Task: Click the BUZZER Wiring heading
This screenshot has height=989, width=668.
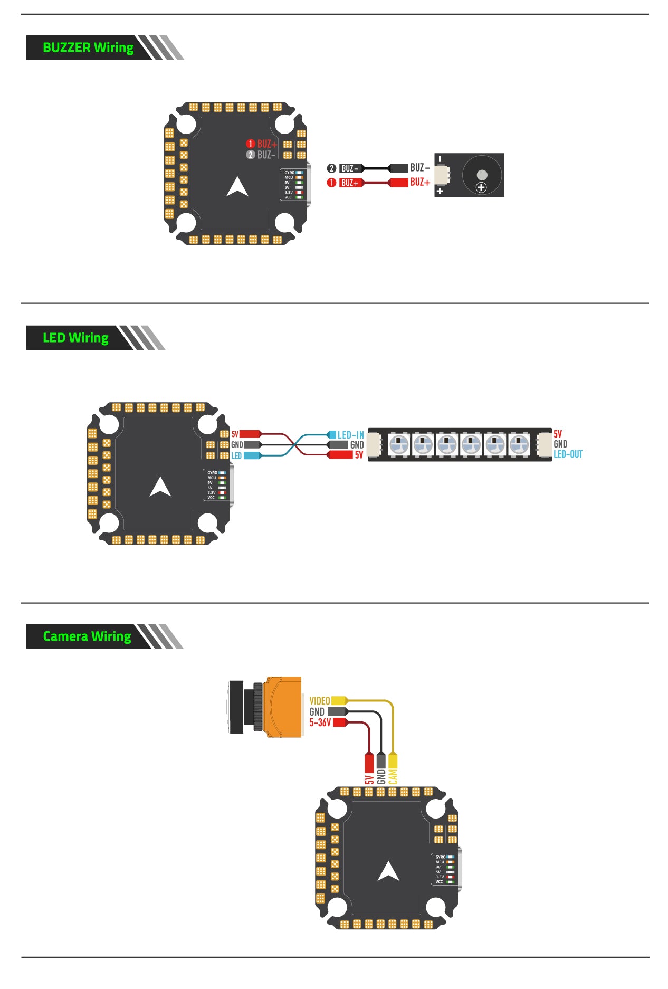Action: (88, 47)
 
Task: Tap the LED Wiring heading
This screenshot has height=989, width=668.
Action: (75, 338)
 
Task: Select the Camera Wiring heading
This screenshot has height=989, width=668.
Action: (87, 636)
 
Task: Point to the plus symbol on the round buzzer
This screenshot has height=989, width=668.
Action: (481, 187)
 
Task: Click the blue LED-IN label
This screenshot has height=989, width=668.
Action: (351, 435)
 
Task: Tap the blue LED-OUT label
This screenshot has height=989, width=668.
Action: (568, 454)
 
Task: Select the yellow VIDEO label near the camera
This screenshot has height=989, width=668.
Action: (320, 701)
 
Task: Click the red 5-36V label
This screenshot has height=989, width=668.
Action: (320, 722)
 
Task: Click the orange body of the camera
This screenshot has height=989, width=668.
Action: (284, 706)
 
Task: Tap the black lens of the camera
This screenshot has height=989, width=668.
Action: (236, 707)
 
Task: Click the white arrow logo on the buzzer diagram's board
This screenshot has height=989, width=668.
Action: (237, 187)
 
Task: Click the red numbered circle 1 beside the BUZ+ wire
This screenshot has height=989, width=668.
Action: (331, 183)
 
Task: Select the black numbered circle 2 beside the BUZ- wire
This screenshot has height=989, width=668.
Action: (331, 168)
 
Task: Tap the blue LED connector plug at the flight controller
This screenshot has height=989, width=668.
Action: (252, 455)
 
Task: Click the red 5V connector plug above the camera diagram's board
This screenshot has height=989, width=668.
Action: (369, 762)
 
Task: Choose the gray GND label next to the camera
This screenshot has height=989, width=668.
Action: (317, 712)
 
